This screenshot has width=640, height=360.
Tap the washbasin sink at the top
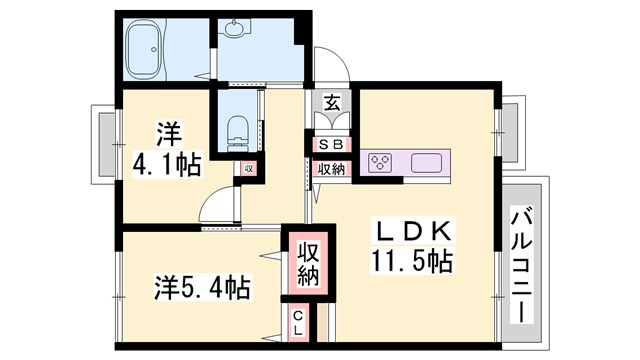coord(236,29)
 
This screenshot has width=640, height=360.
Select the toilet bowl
coord(237,131)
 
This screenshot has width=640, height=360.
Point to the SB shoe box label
coord(330,145)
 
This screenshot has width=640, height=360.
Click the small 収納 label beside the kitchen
coord(330,169)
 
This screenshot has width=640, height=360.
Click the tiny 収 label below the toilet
coord(248,169)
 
